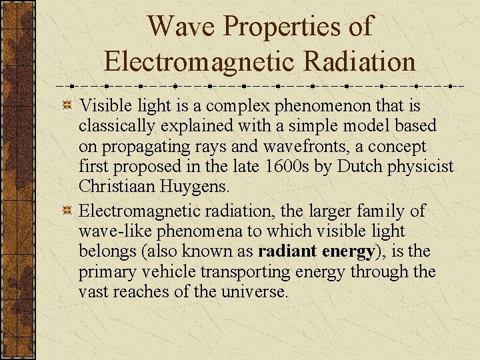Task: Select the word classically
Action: tap(113, 125)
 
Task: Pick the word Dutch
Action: tap(358, 165)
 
